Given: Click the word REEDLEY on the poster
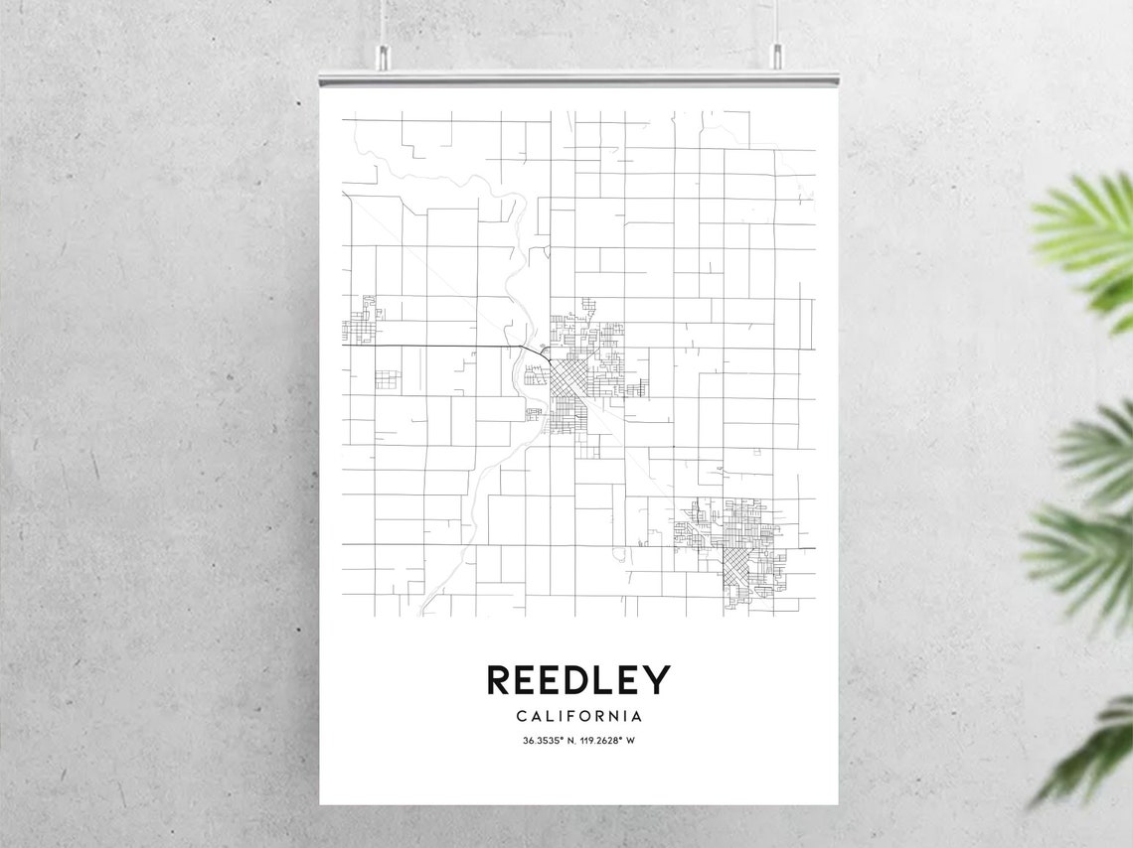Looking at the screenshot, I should coord(578,680).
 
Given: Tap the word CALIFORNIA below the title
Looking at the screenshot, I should coord(578,716).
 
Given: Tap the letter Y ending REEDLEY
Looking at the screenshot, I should coord(658,680).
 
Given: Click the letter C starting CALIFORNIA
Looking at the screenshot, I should coord(522,716).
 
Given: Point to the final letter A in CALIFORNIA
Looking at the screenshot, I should coord(636,716).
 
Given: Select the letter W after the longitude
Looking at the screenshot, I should coord(630,741).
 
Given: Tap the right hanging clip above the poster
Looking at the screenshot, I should coord(776,58).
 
